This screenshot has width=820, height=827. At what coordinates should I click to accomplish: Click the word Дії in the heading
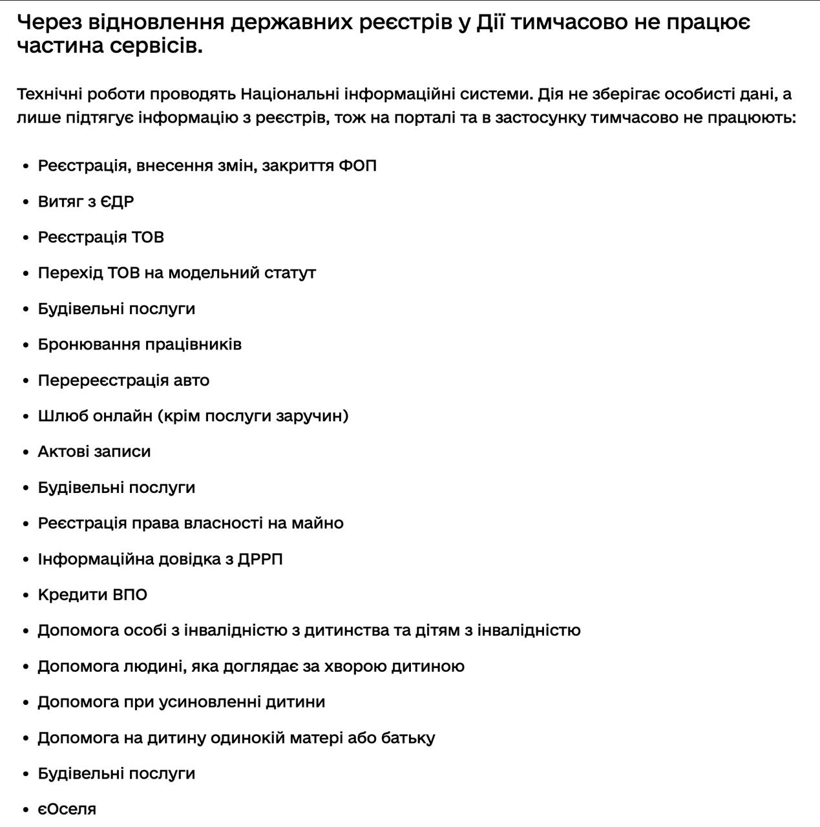[490, 23]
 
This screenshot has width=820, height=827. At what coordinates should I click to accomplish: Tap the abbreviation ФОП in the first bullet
[357, 166]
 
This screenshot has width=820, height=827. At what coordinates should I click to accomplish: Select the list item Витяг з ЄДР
[86, 202]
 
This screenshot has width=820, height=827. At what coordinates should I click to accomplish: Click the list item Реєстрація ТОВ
[101, 238]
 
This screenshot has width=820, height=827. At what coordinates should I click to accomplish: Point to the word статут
[289, 273]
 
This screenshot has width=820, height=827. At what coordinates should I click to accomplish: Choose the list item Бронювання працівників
[140, 344]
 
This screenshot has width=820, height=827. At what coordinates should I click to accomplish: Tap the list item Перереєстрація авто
[123, 381]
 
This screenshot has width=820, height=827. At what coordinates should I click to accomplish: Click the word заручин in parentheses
[311, 416]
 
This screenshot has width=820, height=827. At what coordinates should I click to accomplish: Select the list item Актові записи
[94, 452]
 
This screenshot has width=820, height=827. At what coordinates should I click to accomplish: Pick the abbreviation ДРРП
[260, 559]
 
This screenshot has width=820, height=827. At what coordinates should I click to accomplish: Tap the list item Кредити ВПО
[92, 595]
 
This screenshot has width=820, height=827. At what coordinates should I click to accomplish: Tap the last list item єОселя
[67, 810]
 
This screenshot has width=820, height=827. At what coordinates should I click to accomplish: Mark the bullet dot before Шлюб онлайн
[26, 417]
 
